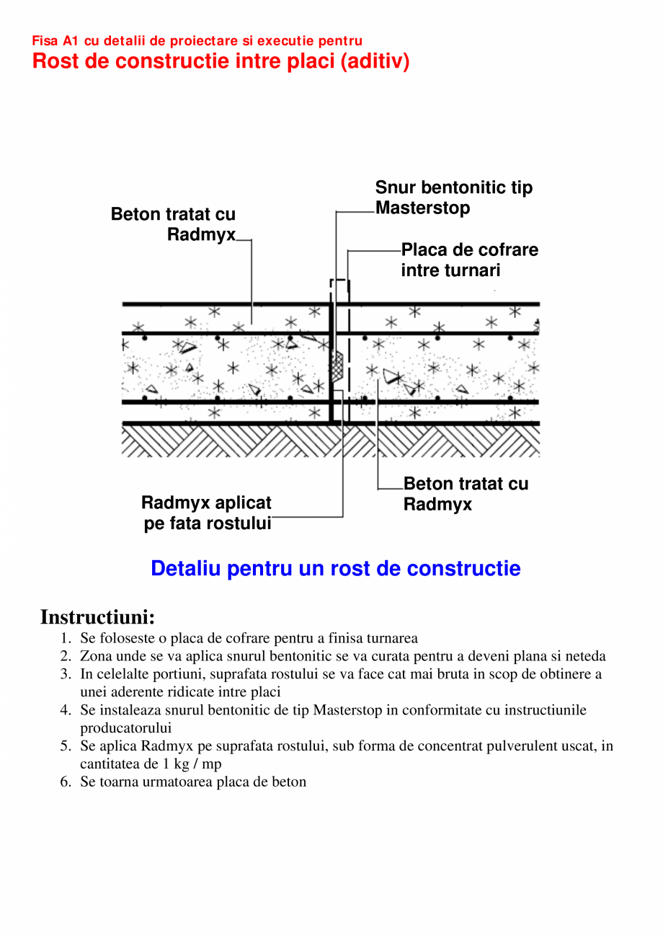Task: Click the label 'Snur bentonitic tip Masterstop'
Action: [x=453, y=198]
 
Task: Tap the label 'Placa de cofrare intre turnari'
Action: [x=469, y=260]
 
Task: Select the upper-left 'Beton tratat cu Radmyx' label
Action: [x=174, y=224]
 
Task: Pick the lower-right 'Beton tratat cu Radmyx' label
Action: [x=466, y=494]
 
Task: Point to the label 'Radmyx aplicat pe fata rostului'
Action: [x=207, y=513]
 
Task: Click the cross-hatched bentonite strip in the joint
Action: [x=337, y=368]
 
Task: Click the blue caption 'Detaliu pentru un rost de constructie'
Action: [x=335, y=568]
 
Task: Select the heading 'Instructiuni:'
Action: [x=97, y=617]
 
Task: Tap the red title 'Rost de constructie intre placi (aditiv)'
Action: [x=221, y=61]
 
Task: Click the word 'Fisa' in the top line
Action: [x=45, y=41]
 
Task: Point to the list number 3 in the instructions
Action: [x=66, y=674]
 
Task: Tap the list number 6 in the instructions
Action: [x=66, y=782]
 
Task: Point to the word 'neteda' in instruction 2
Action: [x=584, y=656]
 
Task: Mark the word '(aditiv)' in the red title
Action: [x=374, y=61]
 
